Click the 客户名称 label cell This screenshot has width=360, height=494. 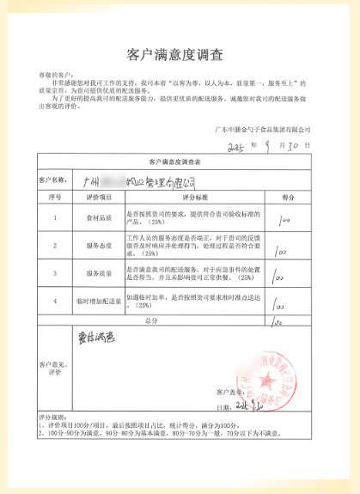(x=52, y=181)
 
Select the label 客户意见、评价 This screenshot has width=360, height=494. (x=52, y=371)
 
